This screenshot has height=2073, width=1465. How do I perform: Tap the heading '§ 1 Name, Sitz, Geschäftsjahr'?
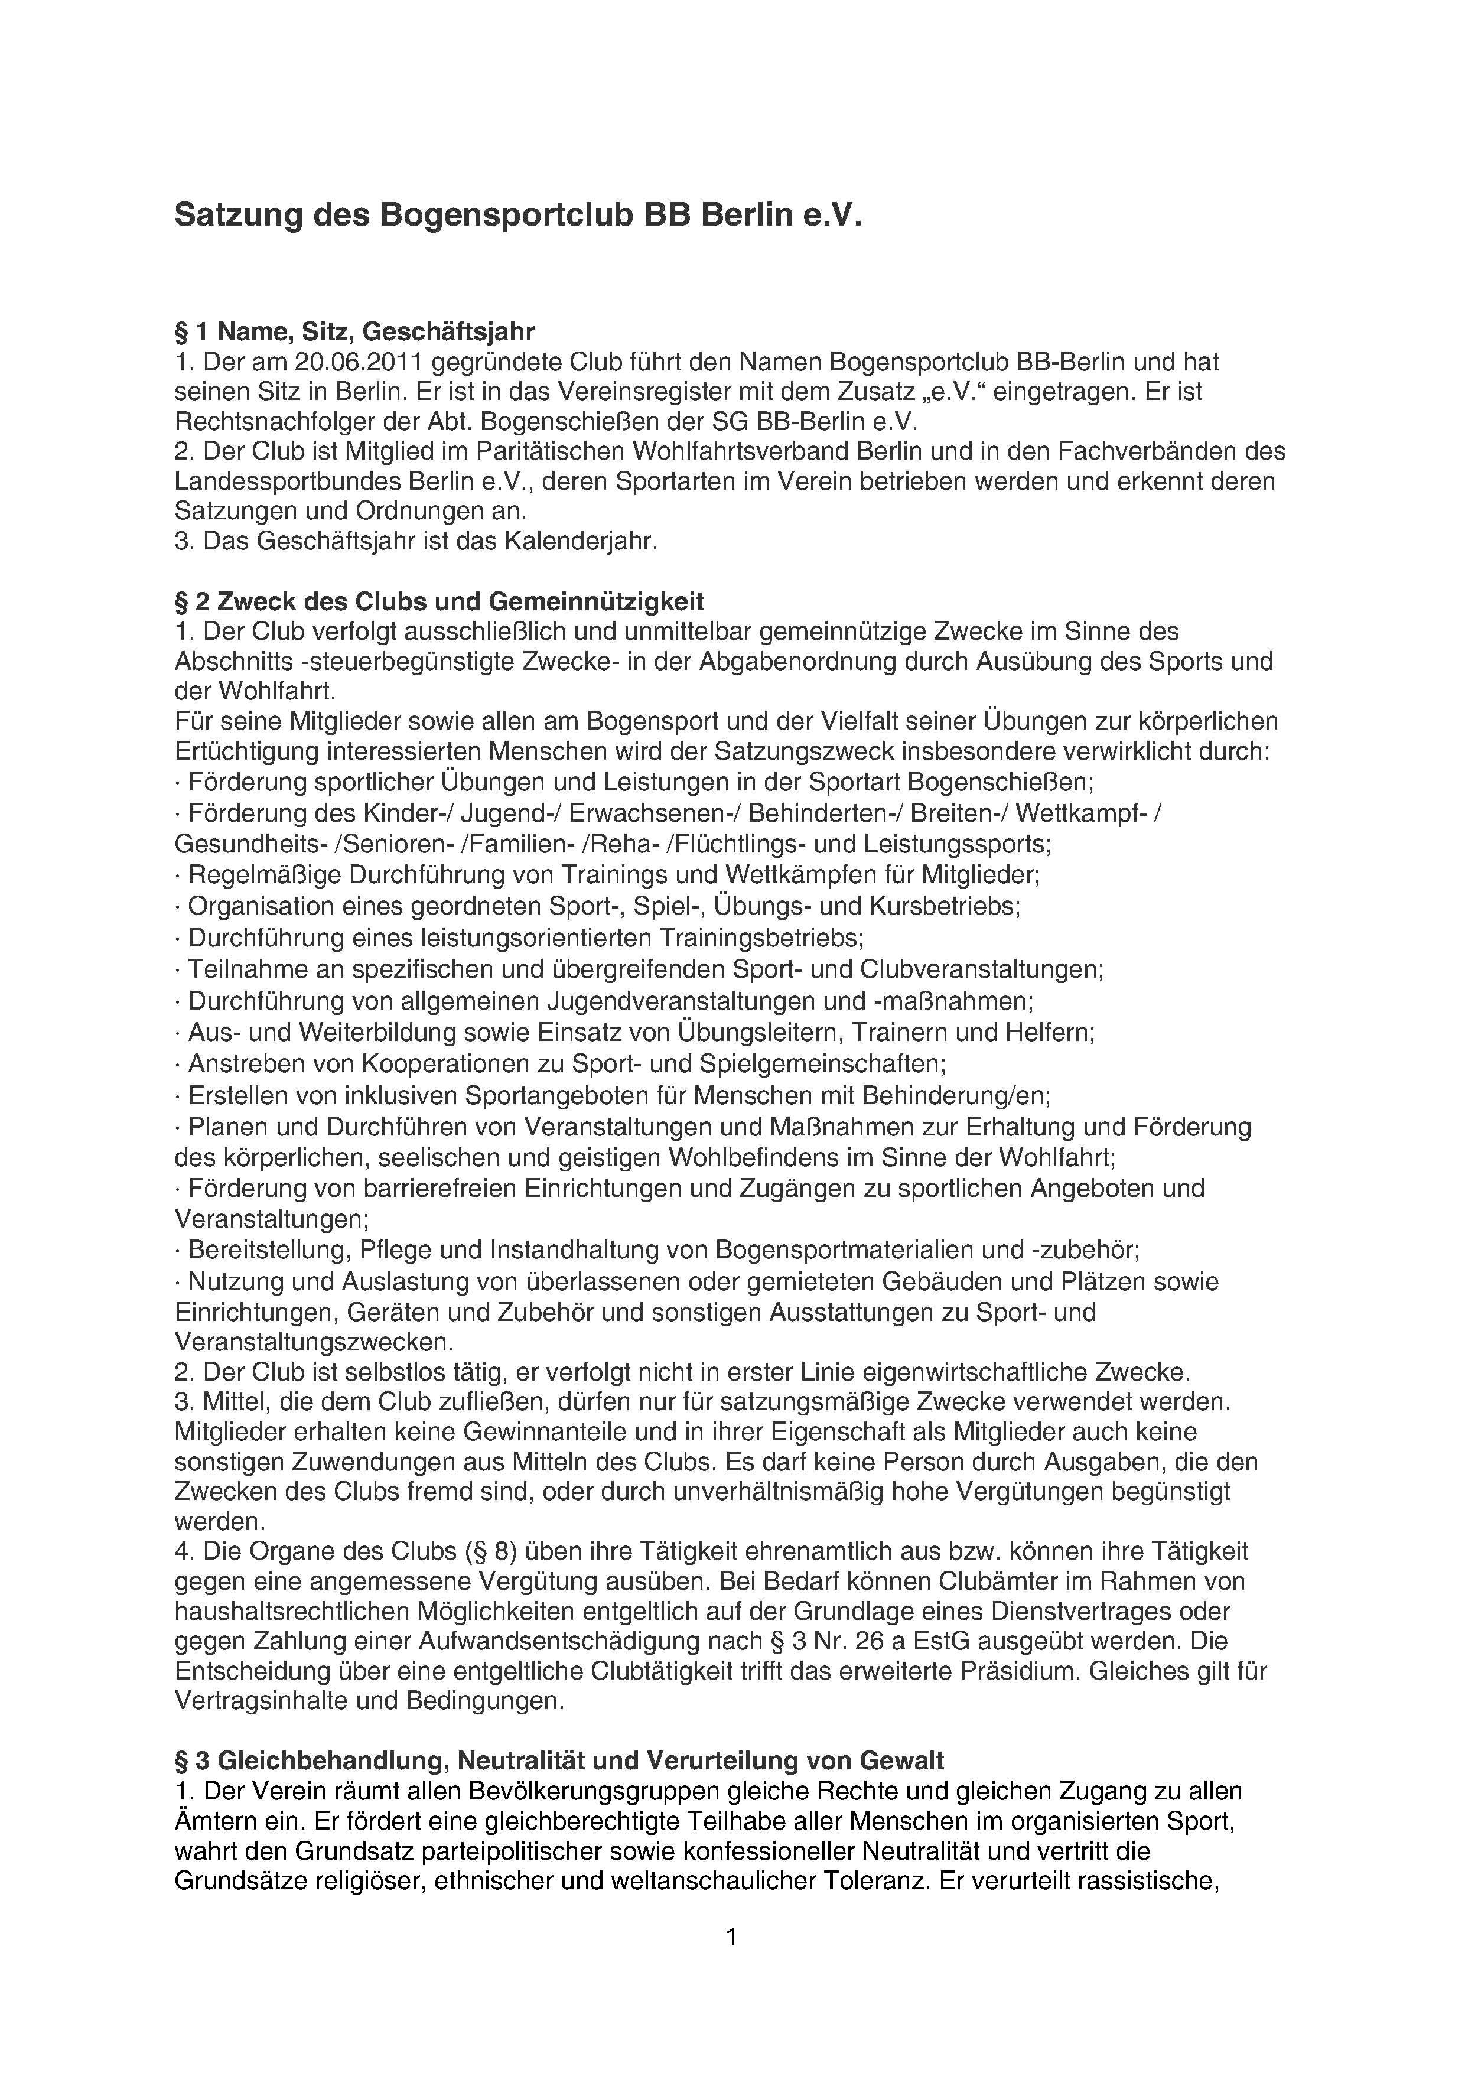355,331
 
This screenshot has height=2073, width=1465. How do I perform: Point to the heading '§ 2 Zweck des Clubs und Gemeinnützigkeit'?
439,601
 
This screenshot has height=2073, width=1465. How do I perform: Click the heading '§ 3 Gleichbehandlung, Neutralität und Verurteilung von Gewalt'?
559,1760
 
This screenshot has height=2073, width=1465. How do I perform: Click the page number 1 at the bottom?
732,1936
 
